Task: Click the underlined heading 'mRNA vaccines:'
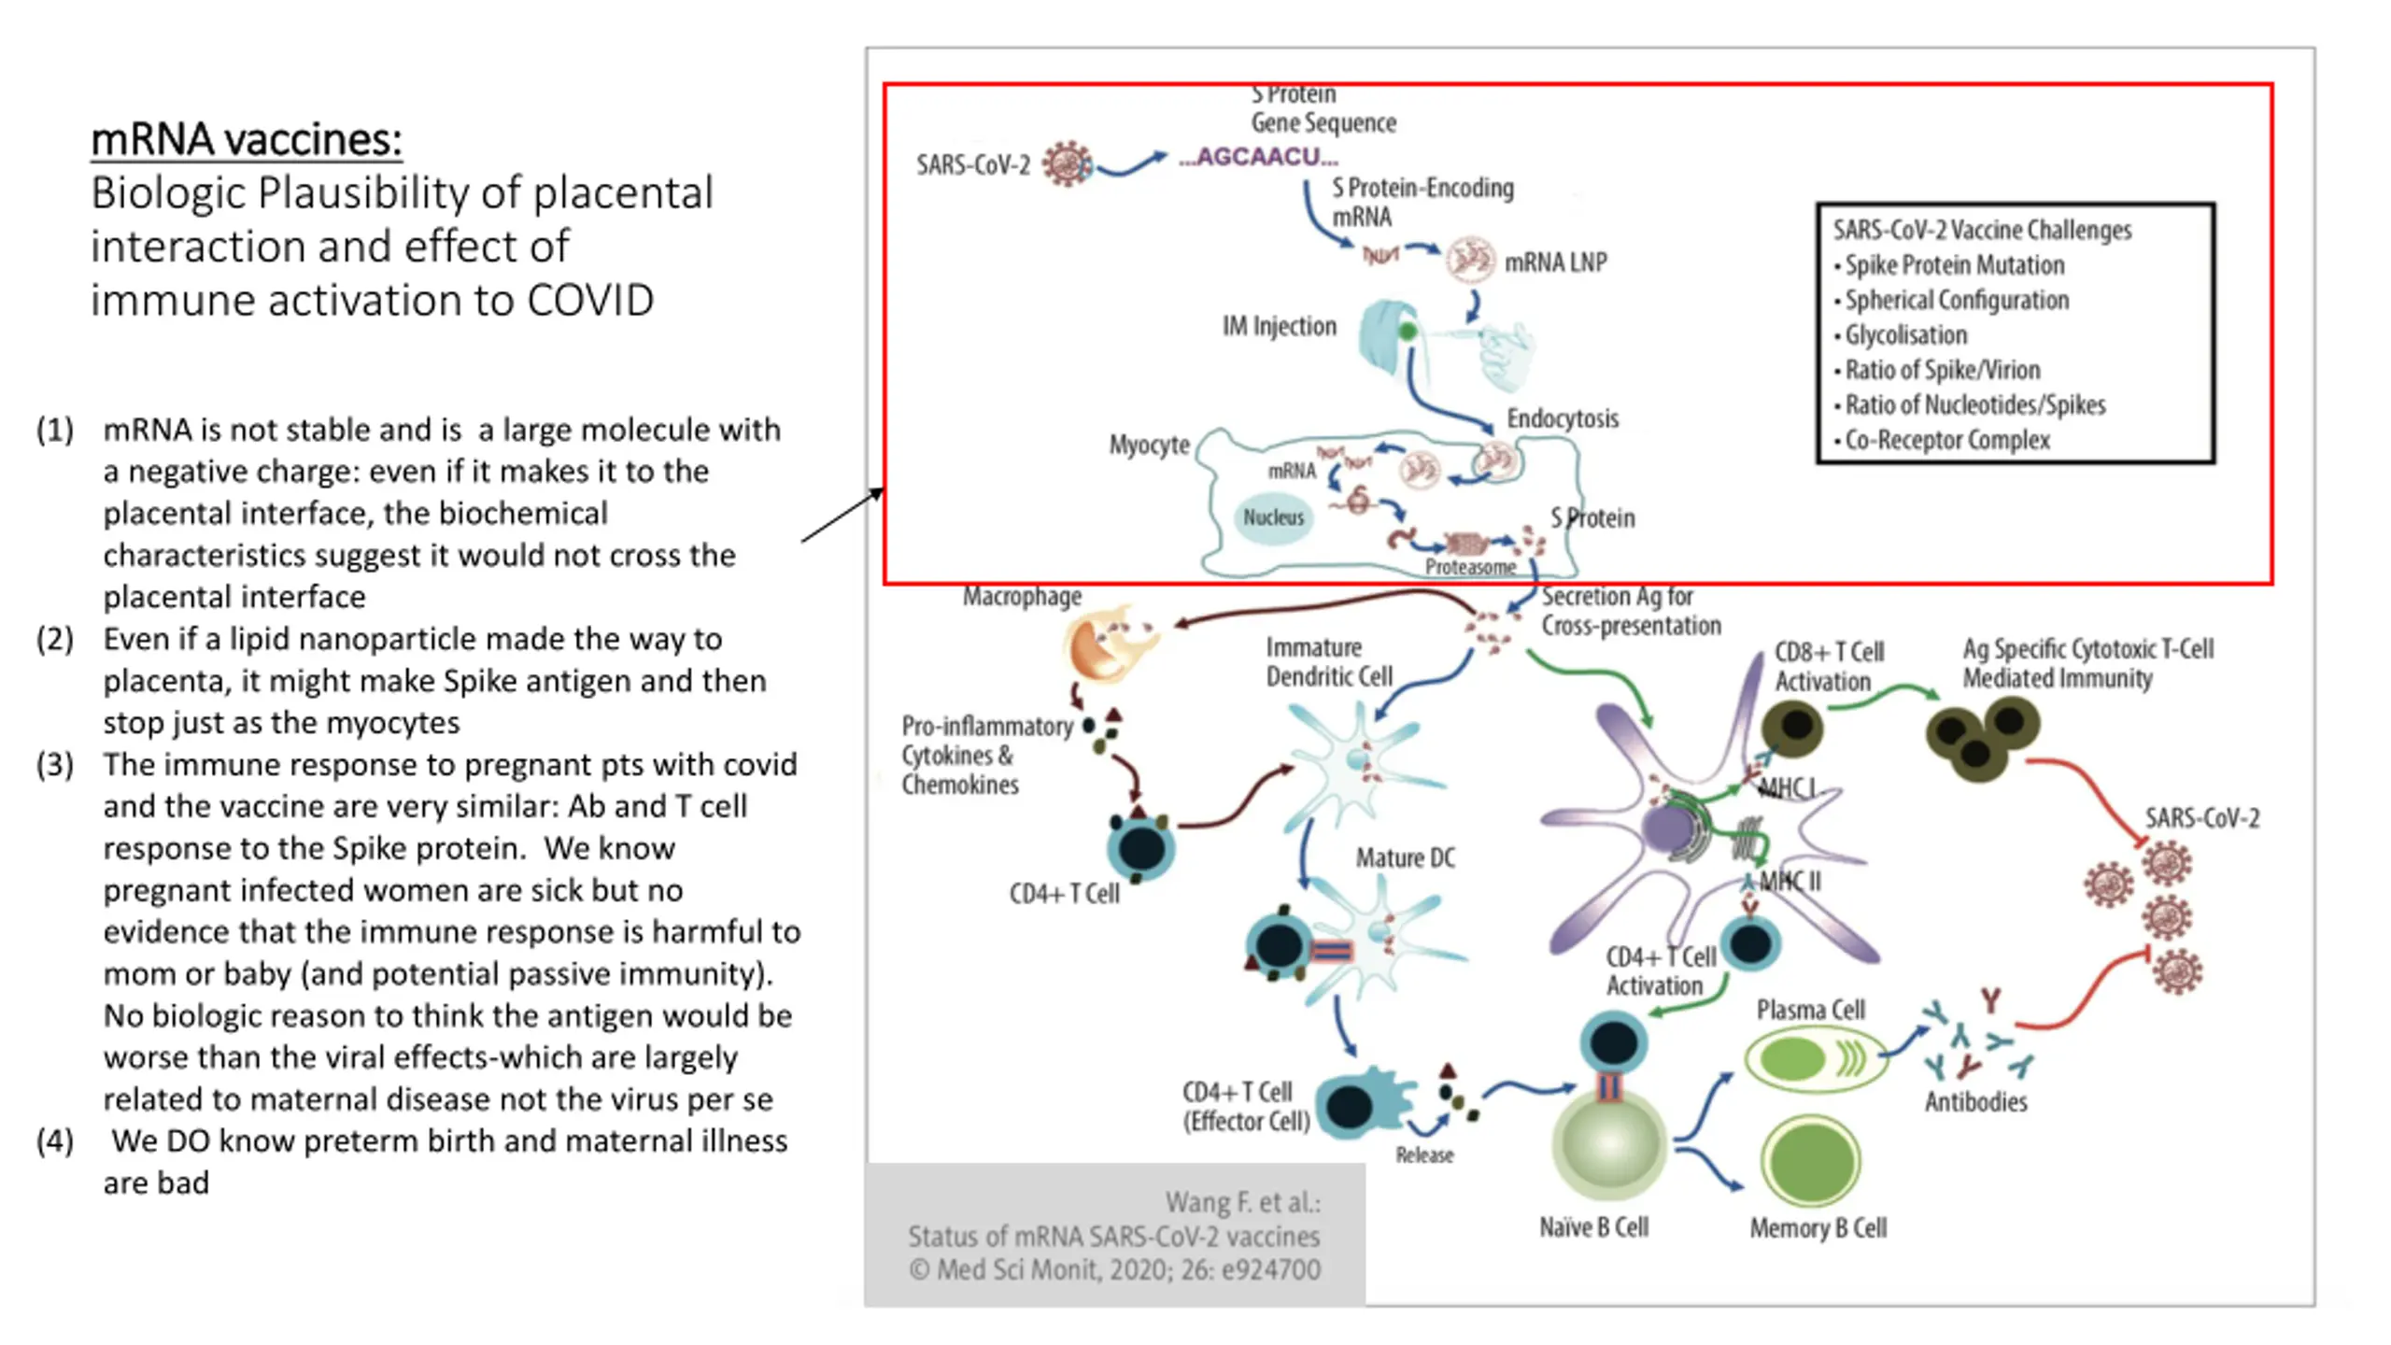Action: point(247,140)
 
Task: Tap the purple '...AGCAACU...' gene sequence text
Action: point(1258,157)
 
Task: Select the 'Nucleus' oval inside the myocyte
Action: point(1273,517)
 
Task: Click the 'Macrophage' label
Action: point(1022,596)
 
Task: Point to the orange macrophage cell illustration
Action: point(1109,644)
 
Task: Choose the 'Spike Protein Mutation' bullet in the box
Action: point(1949,265)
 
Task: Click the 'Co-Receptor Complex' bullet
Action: point(1942,440)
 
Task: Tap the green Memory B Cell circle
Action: point(1810,1163)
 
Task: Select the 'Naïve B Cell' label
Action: point(1593,1227)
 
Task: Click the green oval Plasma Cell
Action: point(1813,1059)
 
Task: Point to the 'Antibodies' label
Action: point(1975,1102)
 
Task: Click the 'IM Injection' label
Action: point(1280,326)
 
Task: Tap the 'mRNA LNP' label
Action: point(1555,262)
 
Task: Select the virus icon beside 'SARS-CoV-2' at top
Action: point(1067,164)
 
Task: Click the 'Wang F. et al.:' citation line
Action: point(1242,1202)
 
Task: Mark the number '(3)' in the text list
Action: point(55,764)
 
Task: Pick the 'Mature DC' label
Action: point(1405,857)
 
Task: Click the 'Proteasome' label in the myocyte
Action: point(1470,567)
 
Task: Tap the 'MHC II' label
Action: point(1790,882)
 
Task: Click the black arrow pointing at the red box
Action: point(842,515)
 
